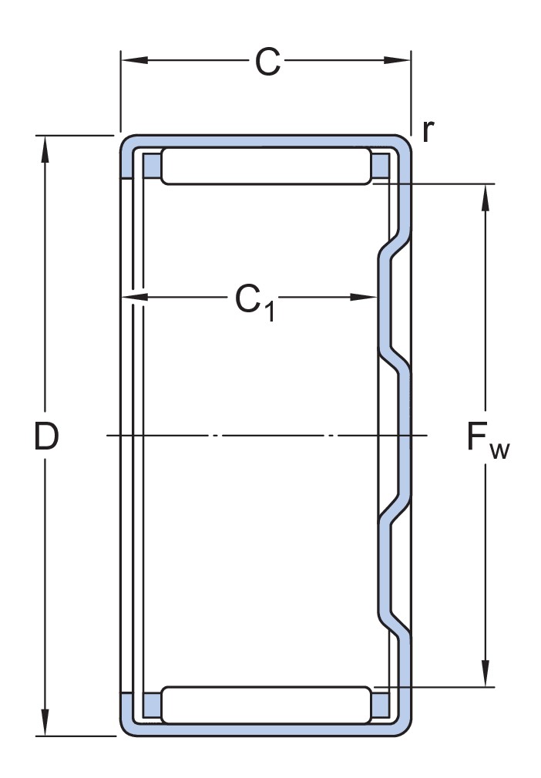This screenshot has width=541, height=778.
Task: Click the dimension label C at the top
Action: pos(267,62)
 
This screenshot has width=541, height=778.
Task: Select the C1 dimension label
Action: pos(254,299)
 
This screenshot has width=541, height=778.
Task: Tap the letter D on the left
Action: pos(46,437)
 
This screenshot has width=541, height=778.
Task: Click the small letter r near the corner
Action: pos(428,131)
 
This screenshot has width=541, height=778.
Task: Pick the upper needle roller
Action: pos(265,167)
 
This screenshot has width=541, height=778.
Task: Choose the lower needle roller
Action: pos(265,704)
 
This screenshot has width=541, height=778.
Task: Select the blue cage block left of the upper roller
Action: pos(152,165)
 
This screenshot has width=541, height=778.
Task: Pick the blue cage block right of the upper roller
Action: pos(380,165)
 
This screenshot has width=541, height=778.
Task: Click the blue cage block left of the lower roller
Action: pos(152,704)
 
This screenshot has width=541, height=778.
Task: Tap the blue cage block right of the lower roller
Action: pos(380,704)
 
